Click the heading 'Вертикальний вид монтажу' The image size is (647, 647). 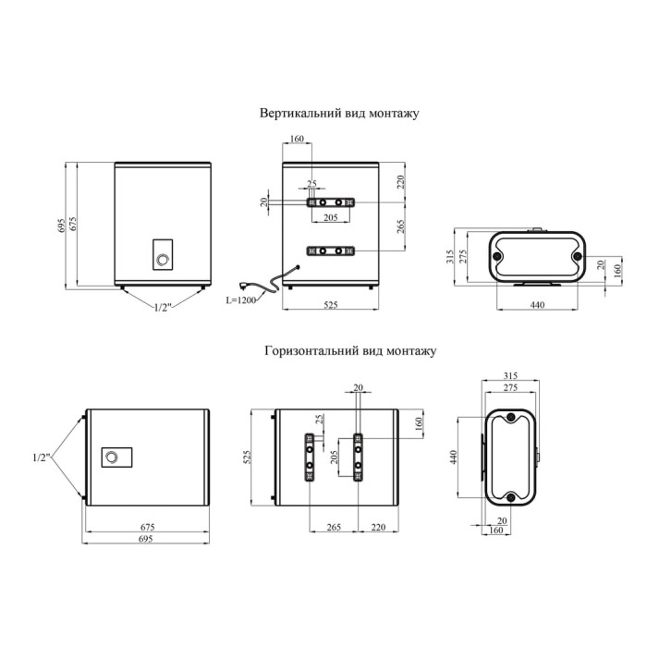339,114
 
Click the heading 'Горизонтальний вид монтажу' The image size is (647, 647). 350,351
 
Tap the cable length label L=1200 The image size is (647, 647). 241,300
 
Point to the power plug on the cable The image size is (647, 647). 245,285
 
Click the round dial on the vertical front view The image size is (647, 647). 163,260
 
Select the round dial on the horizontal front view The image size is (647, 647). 112,458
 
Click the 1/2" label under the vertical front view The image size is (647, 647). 162,307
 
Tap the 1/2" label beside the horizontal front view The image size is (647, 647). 42,458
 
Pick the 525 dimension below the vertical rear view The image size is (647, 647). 331,304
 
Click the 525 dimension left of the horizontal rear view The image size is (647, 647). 247,458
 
